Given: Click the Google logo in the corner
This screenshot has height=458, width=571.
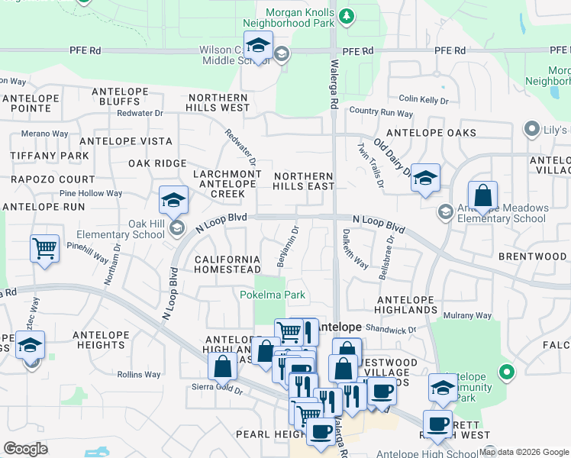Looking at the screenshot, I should coord(25,449).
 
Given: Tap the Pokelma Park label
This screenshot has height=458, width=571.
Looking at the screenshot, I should coord(273,295).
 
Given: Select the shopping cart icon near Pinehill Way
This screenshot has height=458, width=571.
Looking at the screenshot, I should coord(45,248).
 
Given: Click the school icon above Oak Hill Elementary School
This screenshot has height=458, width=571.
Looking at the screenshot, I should coord(174,201).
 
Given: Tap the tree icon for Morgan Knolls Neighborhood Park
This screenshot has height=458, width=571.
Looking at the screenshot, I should coord(347,16).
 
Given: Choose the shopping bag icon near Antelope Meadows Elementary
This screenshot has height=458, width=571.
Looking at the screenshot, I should coord(482,196).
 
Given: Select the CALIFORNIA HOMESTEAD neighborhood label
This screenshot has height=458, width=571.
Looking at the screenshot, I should coord(227,265).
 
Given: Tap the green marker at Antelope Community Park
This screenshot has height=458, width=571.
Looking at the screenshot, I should coord(505,373).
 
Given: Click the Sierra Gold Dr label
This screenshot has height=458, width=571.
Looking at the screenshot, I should coord(218,389).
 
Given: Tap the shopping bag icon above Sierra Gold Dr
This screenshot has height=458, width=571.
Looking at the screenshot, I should coord(222,367).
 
